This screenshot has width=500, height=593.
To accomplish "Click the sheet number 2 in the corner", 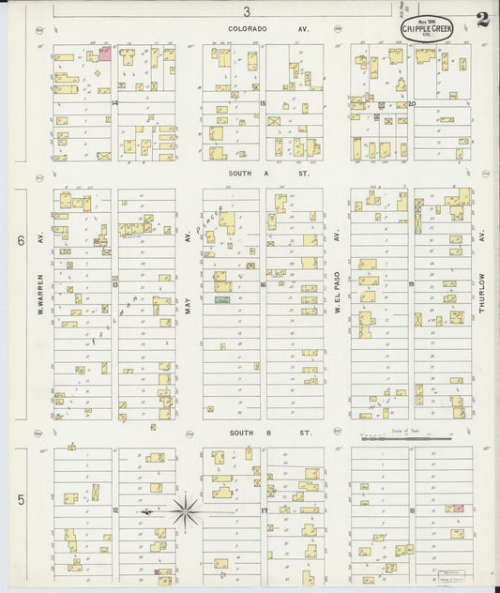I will [x=481, y=20].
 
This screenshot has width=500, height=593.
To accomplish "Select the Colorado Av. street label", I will [x=248, y=29].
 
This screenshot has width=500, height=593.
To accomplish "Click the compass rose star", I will [x=186, y=511].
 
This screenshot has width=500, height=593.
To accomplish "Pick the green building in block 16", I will [x=222, y=299].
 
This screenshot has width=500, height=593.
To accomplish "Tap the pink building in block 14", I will [x=105, y=53].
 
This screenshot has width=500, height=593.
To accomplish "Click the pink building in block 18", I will [x=455, y=508].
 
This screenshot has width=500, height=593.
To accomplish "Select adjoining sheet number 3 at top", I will [x=247, y=11].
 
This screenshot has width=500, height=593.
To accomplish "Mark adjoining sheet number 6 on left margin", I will [x=20, y=240].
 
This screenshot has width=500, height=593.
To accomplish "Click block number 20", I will [x=411, y=103].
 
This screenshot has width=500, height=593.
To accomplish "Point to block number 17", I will [x=264, y=510].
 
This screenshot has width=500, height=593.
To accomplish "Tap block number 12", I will [x=114, y=509].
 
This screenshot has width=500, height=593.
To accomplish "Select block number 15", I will [x=264, y=103].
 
